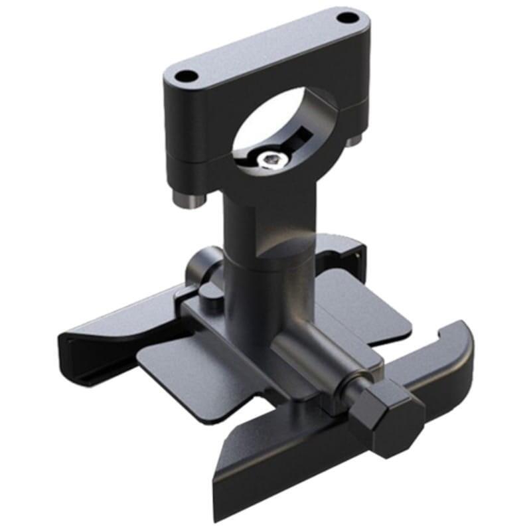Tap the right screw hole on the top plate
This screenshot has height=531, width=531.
click(x=344, y=18)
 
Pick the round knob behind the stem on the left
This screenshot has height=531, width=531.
click(x=199, y=265)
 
